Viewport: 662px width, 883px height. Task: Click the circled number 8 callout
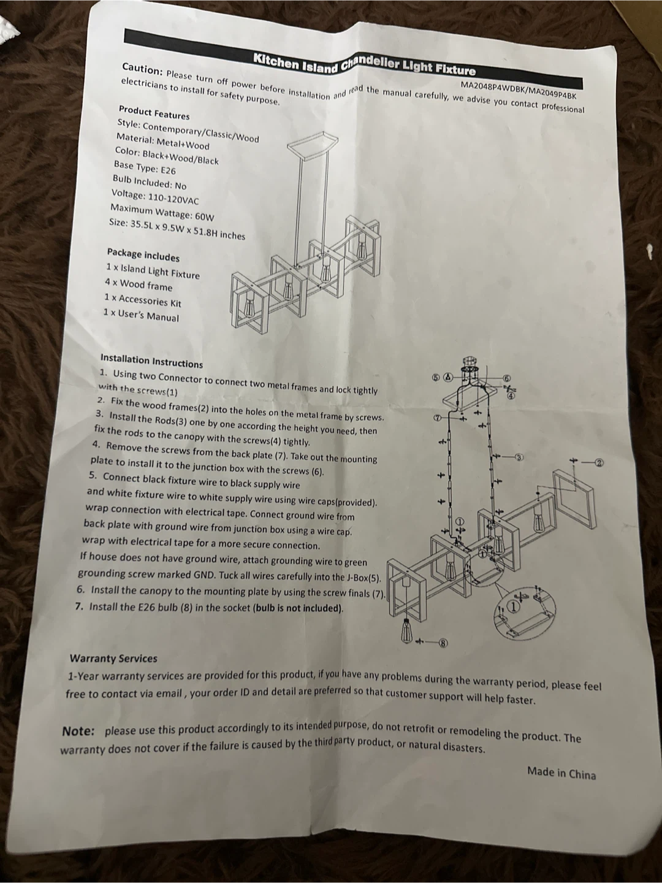[443, 643]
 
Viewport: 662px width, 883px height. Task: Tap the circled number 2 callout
[599, 463]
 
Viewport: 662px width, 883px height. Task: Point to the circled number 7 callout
[436, 418]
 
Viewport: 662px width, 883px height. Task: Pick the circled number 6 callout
[506, 378]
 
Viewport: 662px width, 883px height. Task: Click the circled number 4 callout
[511, 396]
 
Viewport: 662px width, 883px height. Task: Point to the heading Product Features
[154, 113]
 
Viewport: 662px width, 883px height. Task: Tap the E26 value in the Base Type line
[168, 170]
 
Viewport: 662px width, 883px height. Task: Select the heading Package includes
[143, 255]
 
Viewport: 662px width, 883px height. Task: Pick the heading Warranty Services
[113, 659]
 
